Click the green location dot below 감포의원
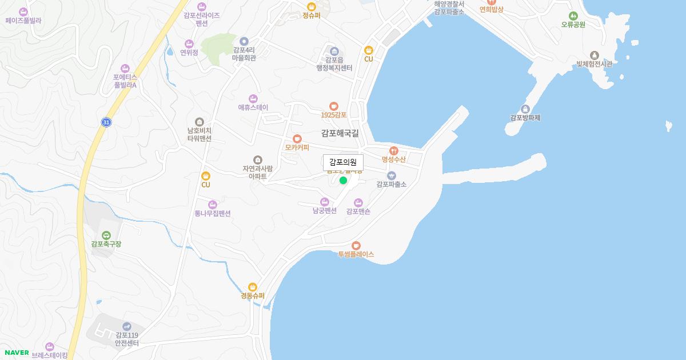click(343, 181)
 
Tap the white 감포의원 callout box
click(343, 162)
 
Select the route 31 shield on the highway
click(106, 122)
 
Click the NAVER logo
click(17, 353)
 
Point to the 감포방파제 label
click(525, 118)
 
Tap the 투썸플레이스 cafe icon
click(356, 246)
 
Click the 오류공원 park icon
click(573, 16)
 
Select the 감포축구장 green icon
click(106, 235)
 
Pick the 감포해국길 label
click(340, 133)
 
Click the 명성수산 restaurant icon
click(393, 151)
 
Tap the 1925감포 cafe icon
click(334, 106)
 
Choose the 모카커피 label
click(297, 147)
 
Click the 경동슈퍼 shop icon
click(253, 287)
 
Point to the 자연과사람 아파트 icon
click(258, 160)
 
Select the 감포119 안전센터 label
click(127, 339)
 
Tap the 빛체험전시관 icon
click(595, 55)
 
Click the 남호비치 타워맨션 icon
click(199, 122)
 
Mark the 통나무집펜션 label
click(213, 214)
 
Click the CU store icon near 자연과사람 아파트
click(206, 176)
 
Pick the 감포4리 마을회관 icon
click(244, 41)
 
